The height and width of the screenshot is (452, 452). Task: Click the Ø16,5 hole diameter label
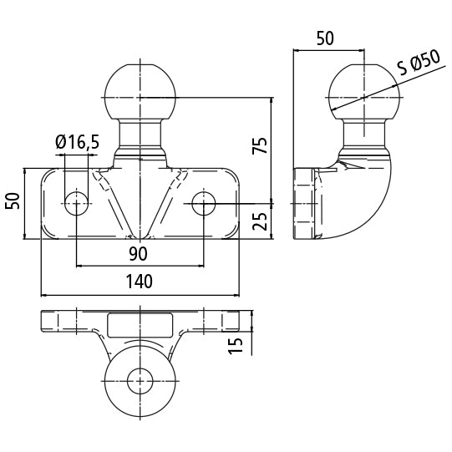pos(78,143)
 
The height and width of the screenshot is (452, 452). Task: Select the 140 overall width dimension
pos(140,282)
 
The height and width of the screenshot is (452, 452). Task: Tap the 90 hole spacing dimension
pos(139,253)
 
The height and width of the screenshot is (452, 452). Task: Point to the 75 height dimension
pos(260,145)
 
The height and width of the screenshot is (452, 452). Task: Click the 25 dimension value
pos(260,221)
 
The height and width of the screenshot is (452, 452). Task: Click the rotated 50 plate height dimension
pos(13,201)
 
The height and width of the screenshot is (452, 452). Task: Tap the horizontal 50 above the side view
pos(325,38)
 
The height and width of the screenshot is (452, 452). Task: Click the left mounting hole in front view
pos(77,201)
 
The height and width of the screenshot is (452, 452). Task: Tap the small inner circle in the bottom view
pos(139,383)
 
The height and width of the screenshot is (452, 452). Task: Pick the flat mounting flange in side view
pos(303,203)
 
